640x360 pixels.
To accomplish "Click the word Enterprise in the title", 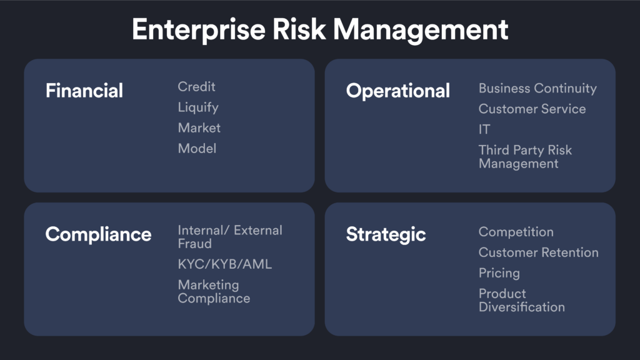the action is click(198, 30).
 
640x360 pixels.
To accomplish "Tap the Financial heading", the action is click(84, 91).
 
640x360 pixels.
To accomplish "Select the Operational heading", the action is click(398, 91).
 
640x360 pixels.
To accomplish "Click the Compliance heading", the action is click(98, 235).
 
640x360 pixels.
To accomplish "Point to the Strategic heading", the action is click(386, 235).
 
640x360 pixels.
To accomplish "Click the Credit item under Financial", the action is click(196, 86).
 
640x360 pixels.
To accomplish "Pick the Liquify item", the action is click(198, 107).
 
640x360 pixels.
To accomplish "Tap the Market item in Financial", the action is click(199, 128).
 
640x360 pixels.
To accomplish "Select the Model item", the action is click(197, 149).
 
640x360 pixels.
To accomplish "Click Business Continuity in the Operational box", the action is click(537, 89).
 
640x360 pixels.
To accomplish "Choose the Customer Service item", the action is click(532, 109).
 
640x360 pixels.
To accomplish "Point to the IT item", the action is click(484, 129).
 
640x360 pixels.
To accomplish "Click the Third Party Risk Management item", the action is click(525, 157).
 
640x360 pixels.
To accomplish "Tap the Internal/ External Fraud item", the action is click(230, 237).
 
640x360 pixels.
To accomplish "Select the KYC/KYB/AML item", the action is click(225, 264).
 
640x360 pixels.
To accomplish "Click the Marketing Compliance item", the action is click(214, 292).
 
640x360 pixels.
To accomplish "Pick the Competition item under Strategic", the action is click(516, 232).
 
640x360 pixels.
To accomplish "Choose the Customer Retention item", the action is click(538, 252).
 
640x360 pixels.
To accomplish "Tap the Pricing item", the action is click(499, 274).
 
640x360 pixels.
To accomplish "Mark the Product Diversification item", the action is click(522, 301).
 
